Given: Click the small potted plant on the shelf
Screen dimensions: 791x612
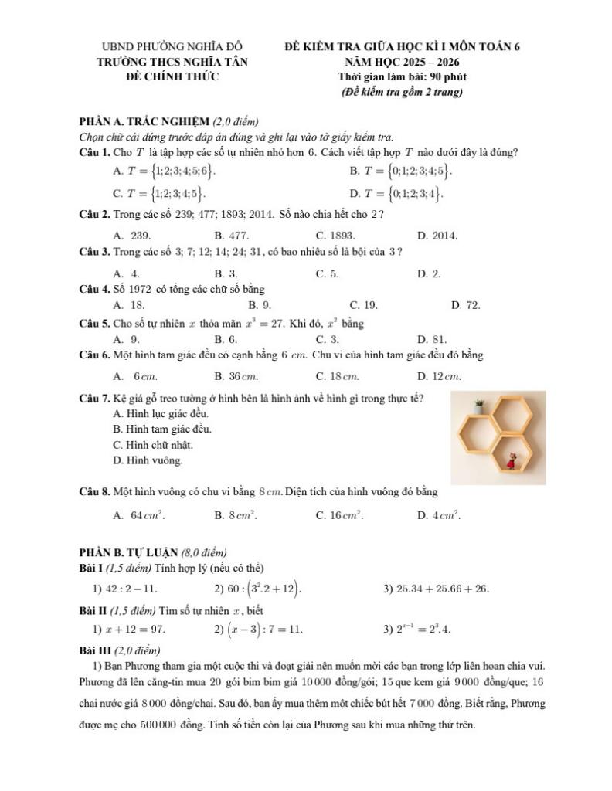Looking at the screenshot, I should click(479, 406).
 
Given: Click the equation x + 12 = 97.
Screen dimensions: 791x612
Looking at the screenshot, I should click(128, 629).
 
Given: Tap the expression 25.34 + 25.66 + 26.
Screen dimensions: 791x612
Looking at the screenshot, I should click(437, 589).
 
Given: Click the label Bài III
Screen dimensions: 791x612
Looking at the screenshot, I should click(95, 650).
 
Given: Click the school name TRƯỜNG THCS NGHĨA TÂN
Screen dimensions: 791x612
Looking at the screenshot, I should click(172, 62).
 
